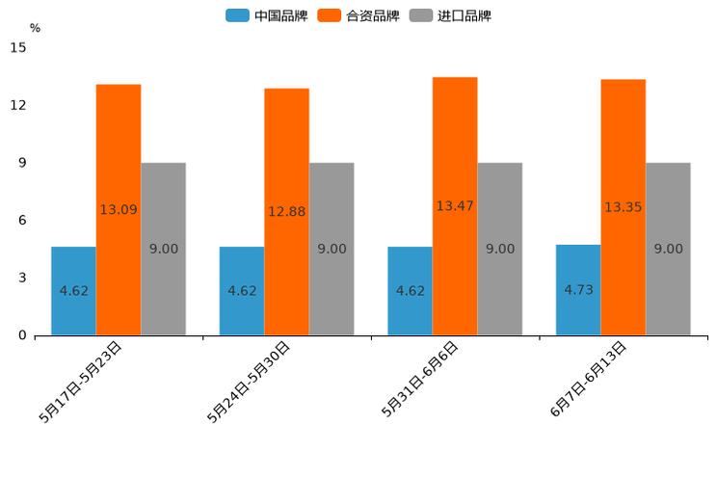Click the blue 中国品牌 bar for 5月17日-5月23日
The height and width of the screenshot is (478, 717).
(x=73, y=291)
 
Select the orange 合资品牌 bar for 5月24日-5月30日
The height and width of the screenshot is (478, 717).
(x=286, y=212)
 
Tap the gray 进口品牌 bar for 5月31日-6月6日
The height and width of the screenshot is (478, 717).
(x=499, y=249)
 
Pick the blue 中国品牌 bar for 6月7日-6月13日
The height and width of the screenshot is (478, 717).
(x=578, y=290)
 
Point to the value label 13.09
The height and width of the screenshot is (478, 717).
(x=119, y=210)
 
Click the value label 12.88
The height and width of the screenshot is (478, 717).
(x=286, y=212)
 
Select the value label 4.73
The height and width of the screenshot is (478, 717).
(x=578, y=289)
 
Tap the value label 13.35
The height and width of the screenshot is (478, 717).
(x=624, y=207)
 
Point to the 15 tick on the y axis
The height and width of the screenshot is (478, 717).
(x=18, y=47)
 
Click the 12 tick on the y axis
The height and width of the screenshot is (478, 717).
(x=18, y=105)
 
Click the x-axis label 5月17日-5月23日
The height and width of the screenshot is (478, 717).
(x=82, y=381)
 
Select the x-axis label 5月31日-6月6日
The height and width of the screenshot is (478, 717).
(x=421, y=379)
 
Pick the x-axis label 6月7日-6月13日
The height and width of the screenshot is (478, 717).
(x=589, y=379)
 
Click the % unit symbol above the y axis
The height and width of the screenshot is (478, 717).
(x=35, y=28)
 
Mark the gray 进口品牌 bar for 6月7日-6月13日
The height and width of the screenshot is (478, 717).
(x=668, y=249)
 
